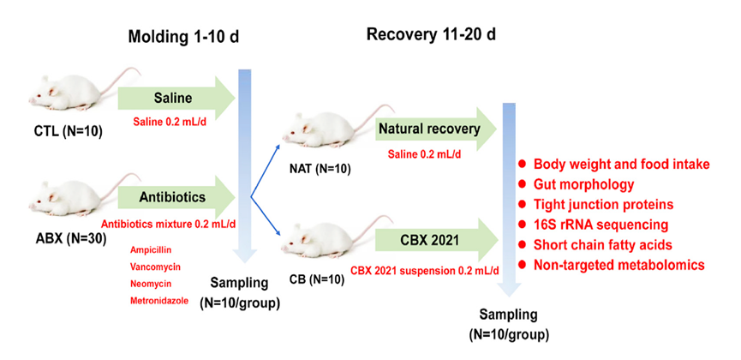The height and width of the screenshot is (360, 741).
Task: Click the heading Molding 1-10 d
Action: (183, 37)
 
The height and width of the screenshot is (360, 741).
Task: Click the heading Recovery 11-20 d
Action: (431, 34)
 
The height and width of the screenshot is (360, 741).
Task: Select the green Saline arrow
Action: (176, 99)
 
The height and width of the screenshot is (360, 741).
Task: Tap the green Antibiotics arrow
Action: (176, 197)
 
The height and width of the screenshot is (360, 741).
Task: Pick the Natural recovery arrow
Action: (436, 129)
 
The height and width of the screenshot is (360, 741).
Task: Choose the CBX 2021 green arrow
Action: (436, 240)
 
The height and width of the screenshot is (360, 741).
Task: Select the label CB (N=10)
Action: (317, 280)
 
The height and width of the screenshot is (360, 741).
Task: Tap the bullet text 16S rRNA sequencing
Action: (601, 225)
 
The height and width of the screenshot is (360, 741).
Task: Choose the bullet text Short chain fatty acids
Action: (603, 244)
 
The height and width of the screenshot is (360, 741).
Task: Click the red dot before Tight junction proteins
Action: (522, 204)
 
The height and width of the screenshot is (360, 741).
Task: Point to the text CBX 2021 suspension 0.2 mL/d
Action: (425, 271)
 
